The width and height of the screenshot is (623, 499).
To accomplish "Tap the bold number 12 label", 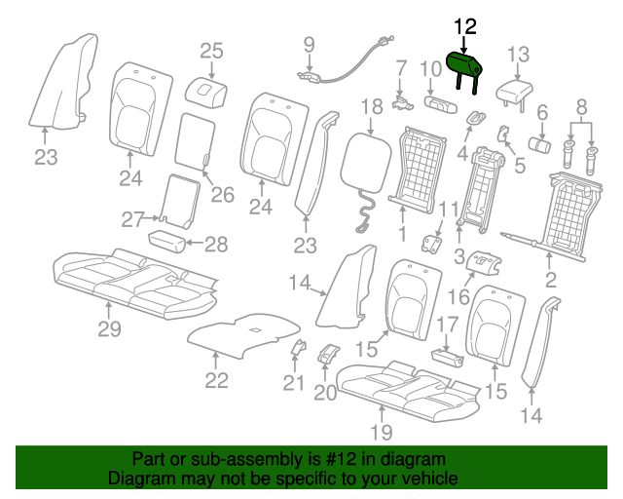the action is (x=465, y=26).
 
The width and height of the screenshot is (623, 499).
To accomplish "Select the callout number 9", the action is (x=310, y=45).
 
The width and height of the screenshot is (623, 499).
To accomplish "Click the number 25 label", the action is (x=211, y=52).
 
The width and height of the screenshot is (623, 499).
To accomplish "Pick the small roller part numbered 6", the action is (x=539, y=144).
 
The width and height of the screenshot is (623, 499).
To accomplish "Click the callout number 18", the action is (x=372, y=106).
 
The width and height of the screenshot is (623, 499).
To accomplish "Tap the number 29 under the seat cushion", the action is (x=109, y=329).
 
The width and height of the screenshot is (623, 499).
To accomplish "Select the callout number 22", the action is (x=216, y=381).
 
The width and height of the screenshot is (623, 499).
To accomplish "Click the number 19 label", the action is (x=382, y=432).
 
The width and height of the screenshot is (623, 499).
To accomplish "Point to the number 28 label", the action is (x=216, y=245).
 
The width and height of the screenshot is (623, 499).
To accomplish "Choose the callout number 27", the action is (x=132, y=219).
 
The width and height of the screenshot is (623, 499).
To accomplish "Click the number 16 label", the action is (x=458, y=297).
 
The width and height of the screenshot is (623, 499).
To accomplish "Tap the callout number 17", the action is (x=448, y=325).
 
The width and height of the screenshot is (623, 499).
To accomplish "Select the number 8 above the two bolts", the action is (x=581, y=106).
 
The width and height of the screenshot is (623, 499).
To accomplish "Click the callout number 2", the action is (x=550, y=280).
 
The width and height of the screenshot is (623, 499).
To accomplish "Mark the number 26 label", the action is (x=223, y=195).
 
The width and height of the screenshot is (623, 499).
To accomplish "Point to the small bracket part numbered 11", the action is (x=431, y=244).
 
